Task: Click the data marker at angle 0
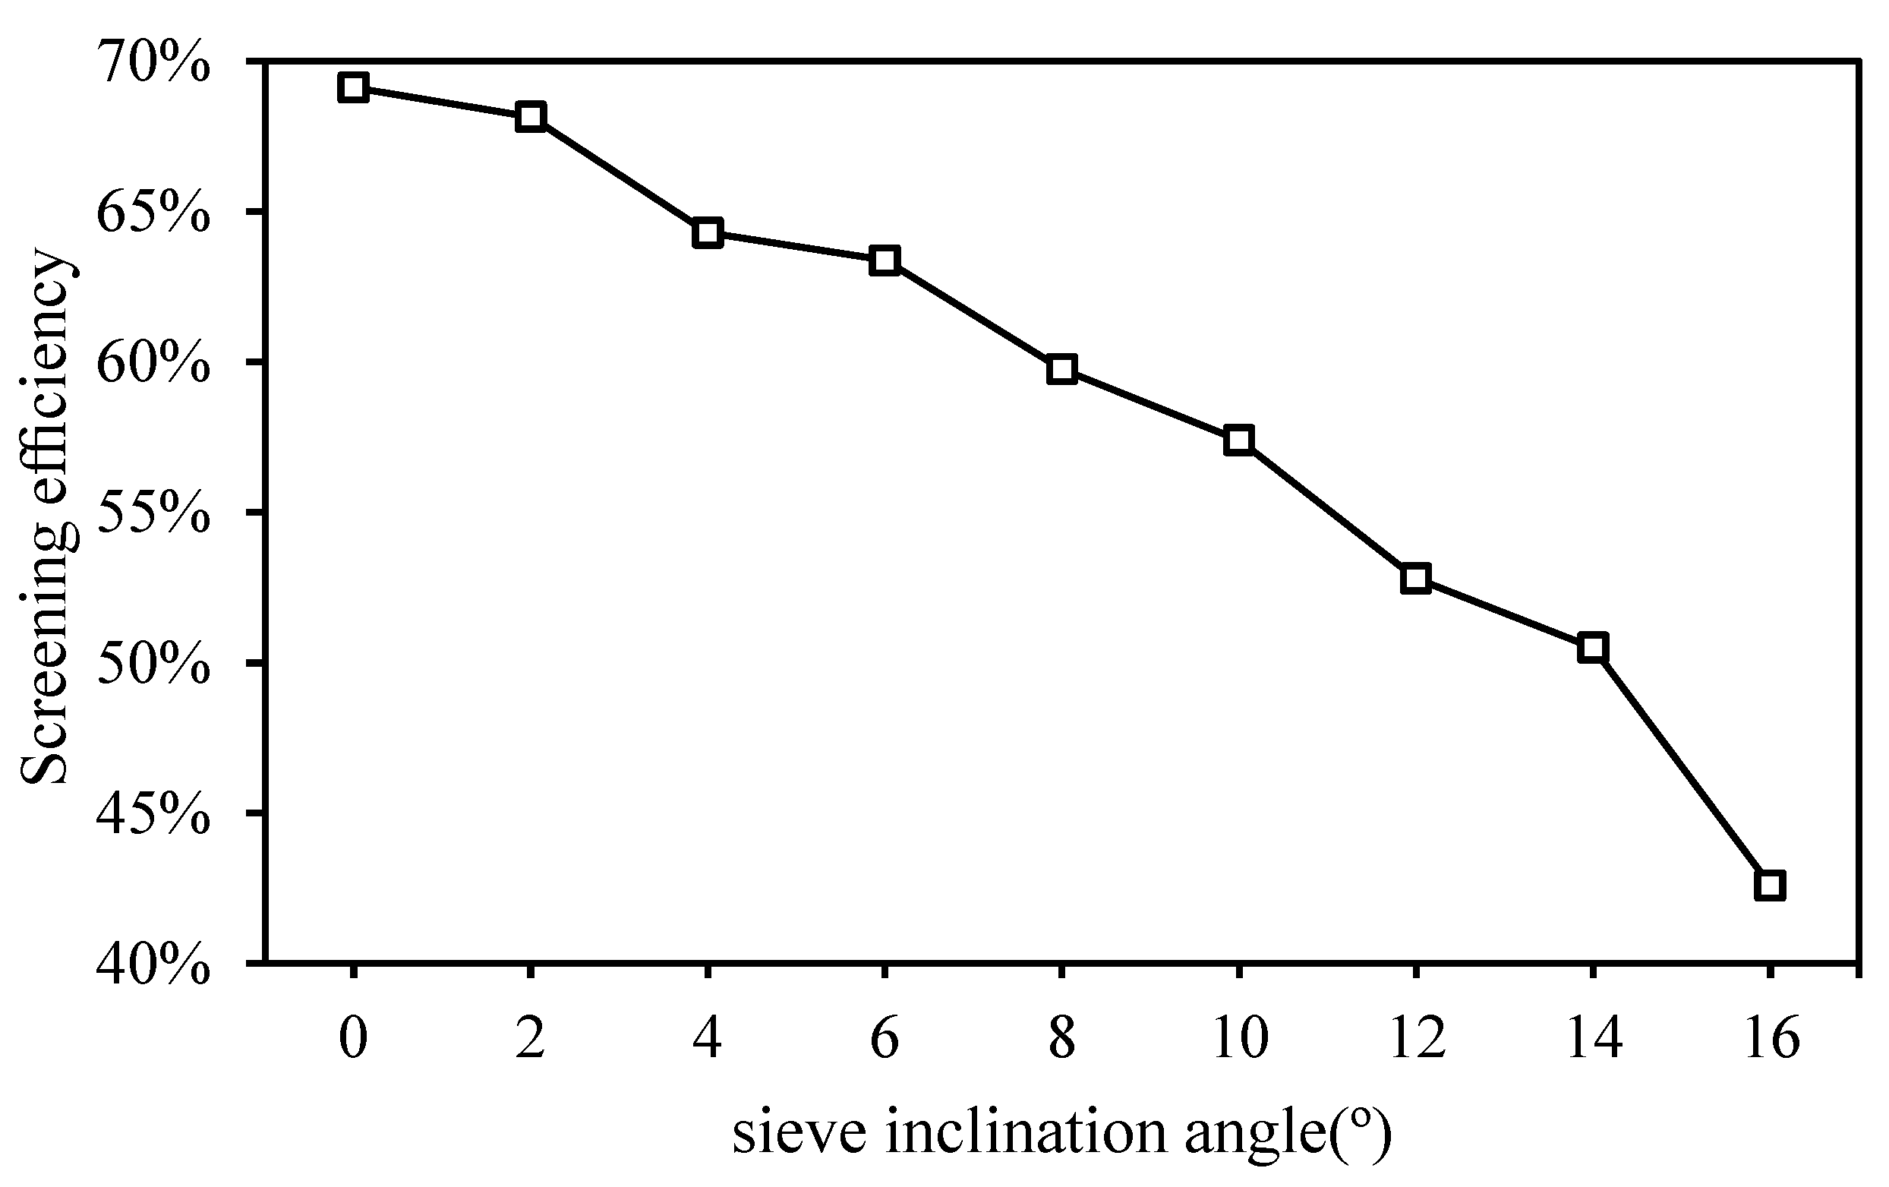point(354,88)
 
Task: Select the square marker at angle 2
point(531,117)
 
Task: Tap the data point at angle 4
point(708,233)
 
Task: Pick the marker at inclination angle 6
point(885,260)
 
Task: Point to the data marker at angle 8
point(1061,369)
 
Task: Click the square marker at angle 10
point(1238,440)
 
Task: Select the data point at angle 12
point(1416,578)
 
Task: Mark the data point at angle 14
point(1592,647)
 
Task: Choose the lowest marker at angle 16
point(1770,885)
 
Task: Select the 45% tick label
point(153,816)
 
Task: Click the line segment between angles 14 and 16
point(1681,766)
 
